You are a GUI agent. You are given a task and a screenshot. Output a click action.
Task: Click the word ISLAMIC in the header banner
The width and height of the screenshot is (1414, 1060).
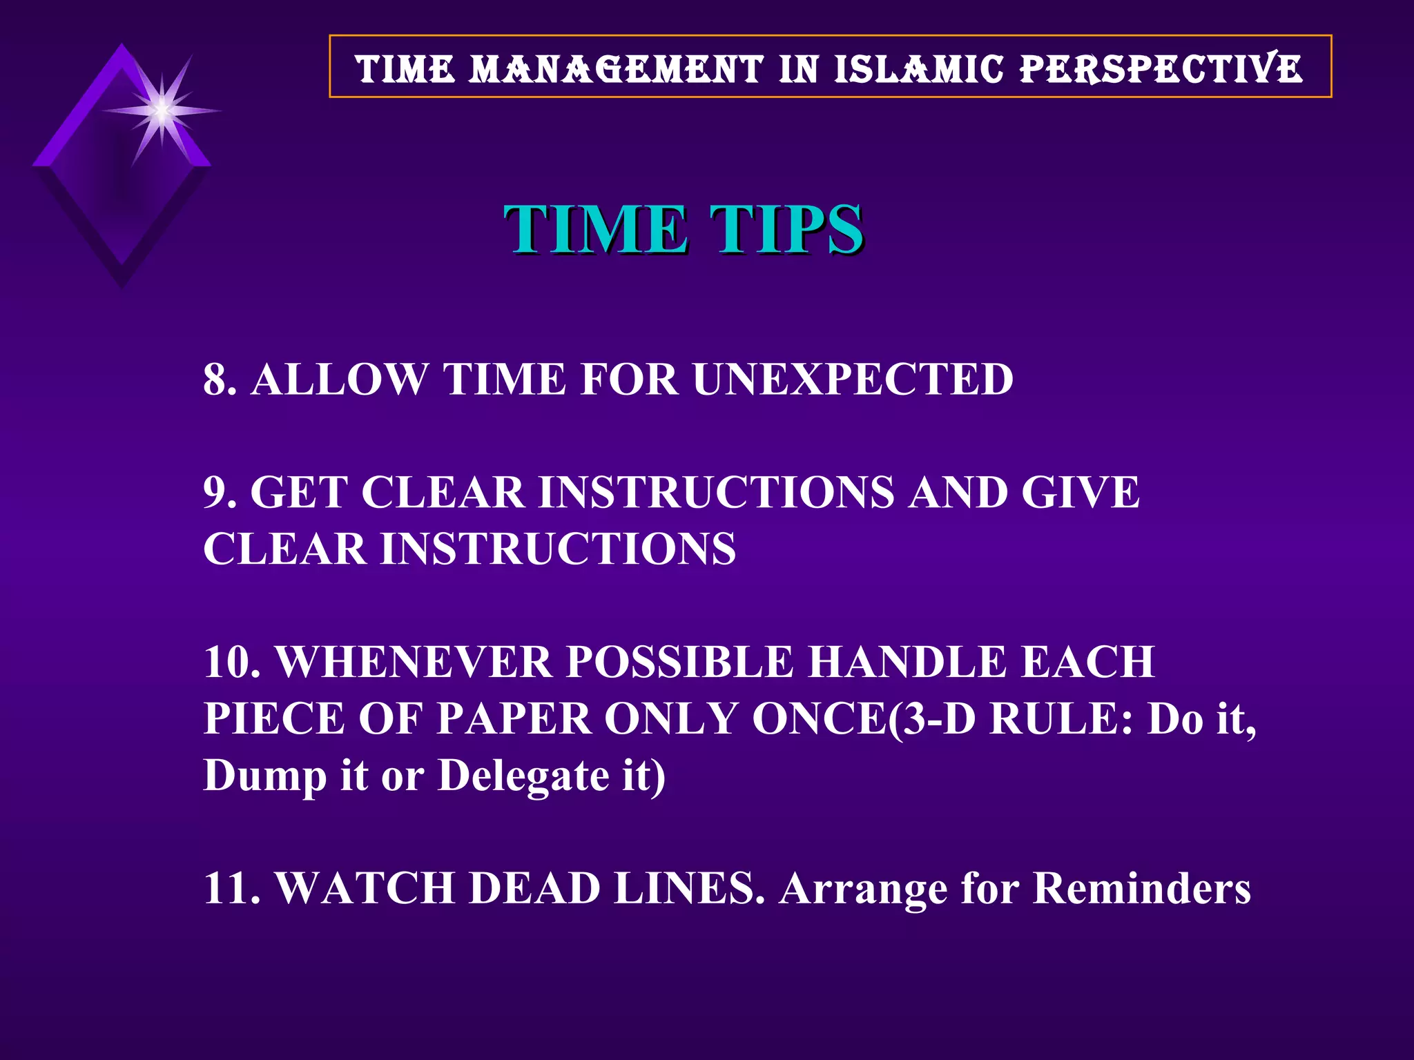click(918, 69)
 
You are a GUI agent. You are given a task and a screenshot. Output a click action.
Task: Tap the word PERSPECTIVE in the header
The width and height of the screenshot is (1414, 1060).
click(1161, 69)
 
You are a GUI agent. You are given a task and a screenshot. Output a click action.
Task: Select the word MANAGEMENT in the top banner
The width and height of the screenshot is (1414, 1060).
click(616, 69)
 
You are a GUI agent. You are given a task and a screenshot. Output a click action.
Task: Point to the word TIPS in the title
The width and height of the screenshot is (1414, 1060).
click(787, 229)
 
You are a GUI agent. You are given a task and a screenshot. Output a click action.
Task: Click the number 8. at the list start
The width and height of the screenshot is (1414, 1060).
click(220, 380)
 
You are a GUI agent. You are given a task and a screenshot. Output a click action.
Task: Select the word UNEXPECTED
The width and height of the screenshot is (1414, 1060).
click(853, 380)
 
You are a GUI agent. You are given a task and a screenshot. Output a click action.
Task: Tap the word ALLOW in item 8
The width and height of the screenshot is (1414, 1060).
click(339, 380)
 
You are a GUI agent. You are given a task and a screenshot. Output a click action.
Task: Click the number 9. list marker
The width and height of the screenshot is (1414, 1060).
click(220, 493)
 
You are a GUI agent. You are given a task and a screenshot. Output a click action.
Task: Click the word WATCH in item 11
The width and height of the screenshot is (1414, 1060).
click(365, 888)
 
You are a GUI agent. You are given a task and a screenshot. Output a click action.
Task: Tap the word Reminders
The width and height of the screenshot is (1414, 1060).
click(1142, 888)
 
